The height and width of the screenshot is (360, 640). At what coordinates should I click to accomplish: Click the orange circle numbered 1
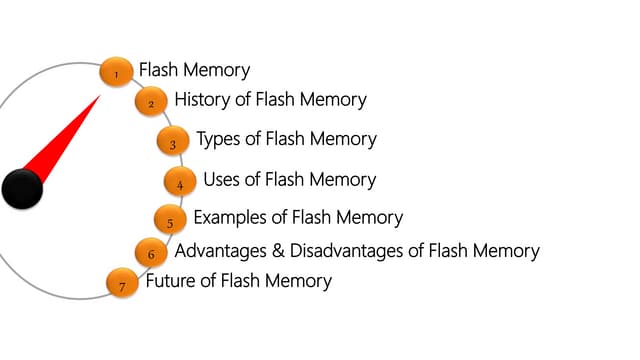click(x=116, y=72)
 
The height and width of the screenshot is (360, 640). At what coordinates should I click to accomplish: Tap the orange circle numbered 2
click(x=151, y=102)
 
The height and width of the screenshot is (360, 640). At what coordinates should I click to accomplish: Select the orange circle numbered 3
click(x=173, y=143)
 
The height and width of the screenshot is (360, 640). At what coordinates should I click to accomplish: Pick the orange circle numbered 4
click(x=180, y=183)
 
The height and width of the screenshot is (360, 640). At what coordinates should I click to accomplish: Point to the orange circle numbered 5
click(x=170, y=221)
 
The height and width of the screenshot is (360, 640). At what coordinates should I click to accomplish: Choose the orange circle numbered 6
click(x=151, y=253)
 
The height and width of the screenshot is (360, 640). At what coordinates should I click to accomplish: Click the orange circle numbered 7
click(x=122, y=285)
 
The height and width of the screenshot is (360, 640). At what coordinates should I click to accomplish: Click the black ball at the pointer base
click(x=22, y=189)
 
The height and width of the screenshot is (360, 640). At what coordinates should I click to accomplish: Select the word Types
click(x=219, y=139)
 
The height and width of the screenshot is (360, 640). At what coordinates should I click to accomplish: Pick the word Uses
click(x=222, y=180)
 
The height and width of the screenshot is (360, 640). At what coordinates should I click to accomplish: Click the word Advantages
click(x=218, y=251)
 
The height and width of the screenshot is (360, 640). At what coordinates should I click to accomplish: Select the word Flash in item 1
click(x=158, y=70)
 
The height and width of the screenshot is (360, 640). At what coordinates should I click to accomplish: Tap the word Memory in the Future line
click(x=296, y=281)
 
